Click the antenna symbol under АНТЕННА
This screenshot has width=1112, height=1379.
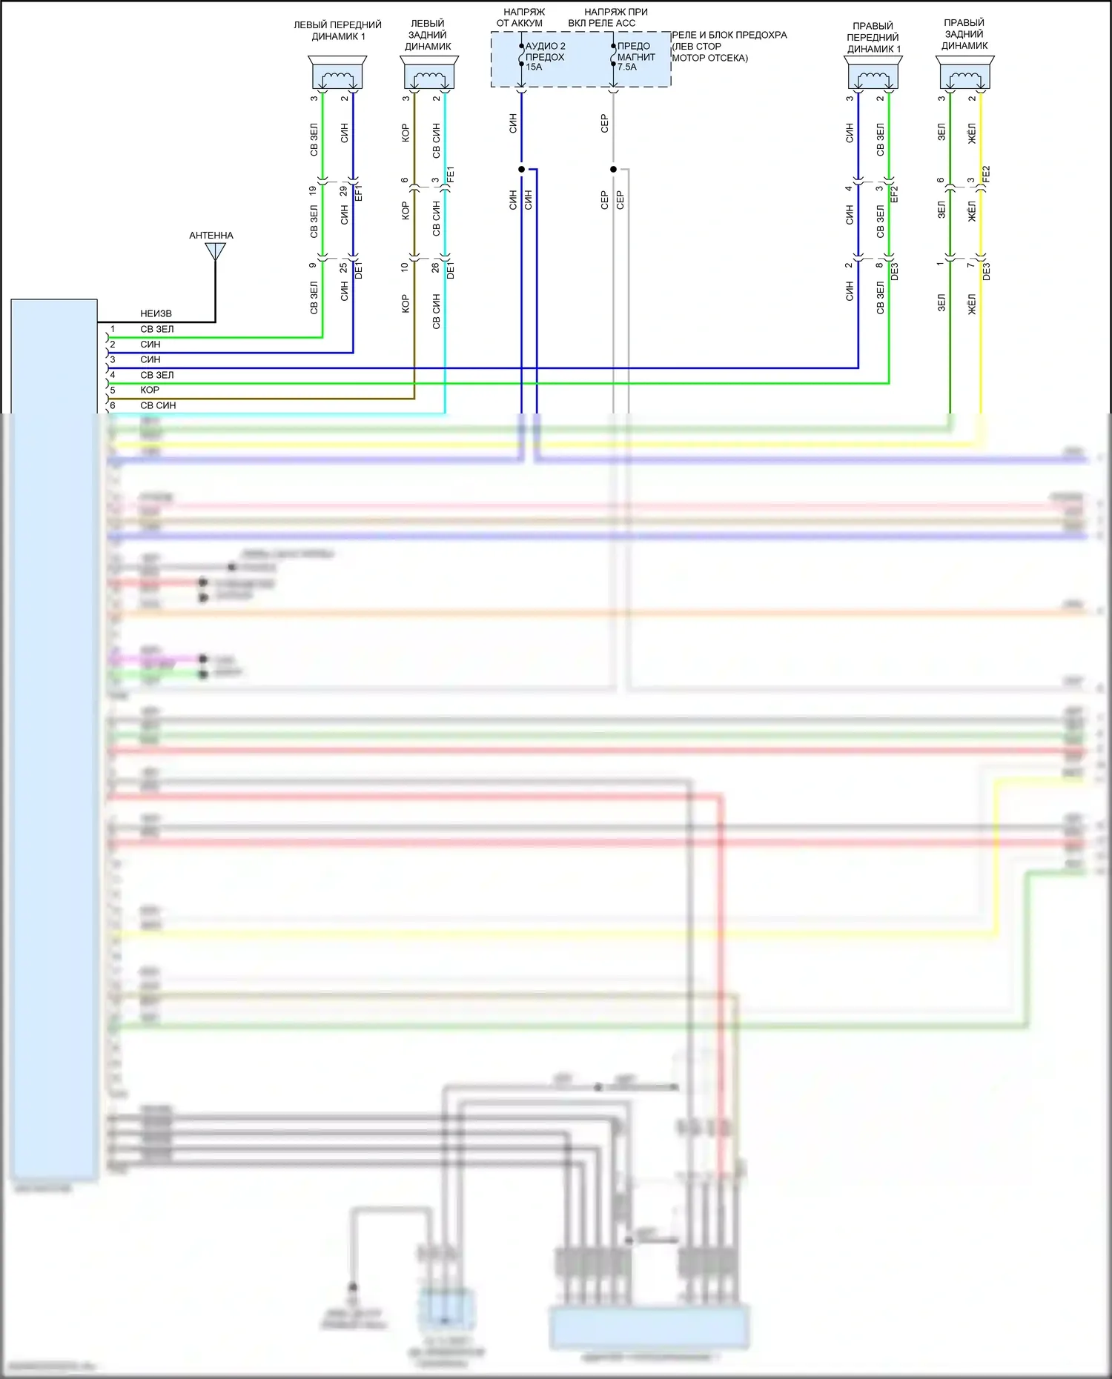[x=216, y=252]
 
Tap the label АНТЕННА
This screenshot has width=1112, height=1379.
[x=211, y=236]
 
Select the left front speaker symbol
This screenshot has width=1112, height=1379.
[x=337, y=73]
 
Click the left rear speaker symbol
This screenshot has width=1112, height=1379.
[x=429, y=73]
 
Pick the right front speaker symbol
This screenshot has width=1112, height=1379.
[x=873, y=73]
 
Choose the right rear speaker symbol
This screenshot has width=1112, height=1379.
[x=964, y=73]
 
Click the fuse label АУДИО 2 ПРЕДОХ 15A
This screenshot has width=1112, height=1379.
[x=545, y=56]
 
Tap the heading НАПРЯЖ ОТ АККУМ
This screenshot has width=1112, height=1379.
[x=522, y=17]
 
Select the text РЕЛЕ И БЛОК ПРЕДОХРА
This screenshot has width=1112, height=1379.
[x=729, y=35]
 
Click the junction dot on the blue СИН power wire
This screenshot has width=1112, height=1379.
[x=521, y=170]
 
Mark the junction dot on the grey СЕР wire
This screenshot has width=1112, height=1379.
[x=613, y=170]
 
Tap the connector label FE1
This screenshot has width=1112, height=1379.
[x=451, y=175]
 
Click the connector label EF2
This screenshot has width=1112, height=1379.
[x=894, y=194]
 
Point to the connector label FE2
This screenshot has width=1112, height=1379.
[x=986, y=175]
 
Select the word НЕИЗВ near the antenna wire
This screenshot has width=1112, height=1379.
[x=156, y=314]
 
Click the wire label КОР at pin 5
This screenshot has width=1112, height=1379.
[x=150, y=391]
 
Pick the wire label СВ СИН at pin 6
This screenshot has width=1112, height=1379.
[x=158, y=406]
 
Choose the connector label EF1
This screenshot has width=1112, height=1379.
[x=359, y=193]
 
